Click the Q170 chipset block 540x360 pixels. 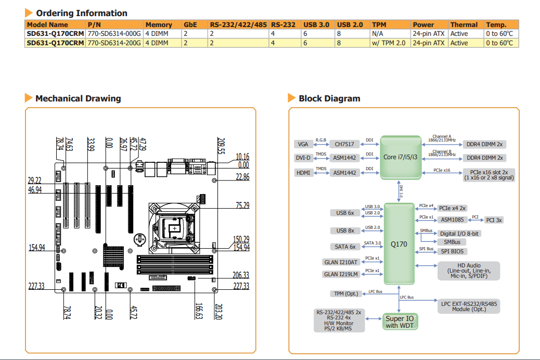coord(399,243)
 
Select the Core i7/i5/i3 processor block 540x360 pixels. coord(400,157)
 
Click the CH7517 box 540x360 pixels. coord(344,144)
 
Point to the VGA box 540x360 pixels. coord(303,144)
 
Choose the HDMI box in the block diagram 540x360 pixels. coord(303,172)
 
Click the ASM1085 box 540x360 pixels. coord(452,220)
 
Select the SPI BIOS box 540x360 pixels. coord(452,251)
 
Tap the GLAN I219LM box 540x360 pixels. coord(341,274)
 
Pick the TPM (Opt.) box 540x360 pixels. coord(346,293)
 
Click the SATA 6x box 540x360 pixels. coord(345,247)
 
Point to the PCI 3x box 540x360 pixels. coord(494,220)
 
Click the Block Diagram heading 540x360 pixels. coord(329,98)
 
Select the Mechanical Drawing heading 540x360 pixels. coord(78,98)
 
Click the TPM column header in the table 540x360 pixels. coord(379,24)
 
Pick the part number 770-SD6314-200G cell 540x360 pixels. coord(114,43)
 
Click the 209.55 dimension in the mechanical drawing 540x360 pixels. coord(221,146)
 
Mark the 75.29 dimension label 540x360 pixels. coord(242,206)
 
